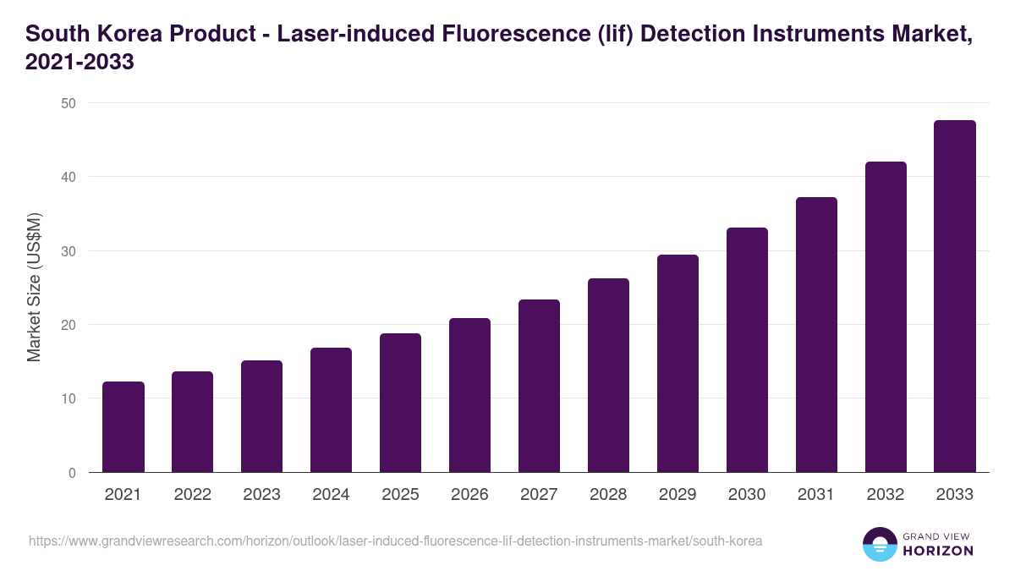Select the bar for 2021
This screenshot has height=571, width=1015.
tap(123, 427)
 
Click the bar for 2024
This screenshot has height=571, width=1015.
tap(332, 410)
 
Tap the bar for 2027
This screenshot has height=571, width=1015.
tap(539, 386)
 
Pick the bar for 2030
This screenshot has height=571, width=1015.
tap(747, 350)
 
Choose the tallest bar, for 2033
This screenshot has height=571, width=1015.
tap(955, 296)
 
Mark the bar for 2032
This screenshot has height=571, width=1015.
tap(886, 317)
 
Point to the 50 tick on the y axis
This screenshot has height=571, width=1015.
tap(68, 103)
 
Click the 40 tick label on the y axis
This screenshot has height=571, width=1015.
tap(68, 177)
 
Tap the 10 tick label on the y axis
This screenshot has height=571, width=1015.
tap(68, 398)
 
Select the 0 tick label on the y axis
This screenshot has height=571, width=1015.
tap(71, 473)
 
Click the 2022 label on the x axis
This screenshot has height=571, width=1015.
tap(192, 495)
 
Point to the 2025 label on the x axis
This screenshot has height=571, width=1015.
tap(400, 495)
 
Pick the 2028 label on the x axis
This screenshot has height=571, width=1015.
tap(608, 495)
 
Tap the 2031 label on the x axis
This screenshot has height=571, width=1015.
tap(816, 495)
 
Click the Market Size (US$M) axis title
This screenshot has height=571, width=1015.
tap(34, 288)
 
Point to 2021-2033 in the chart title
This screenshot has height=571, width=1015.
tap(80, 63)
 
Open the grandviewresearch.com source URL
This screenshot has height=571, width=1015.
tap(396, 541)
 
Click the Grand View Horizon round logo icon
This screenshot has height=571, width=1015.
tap(880, 544)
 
